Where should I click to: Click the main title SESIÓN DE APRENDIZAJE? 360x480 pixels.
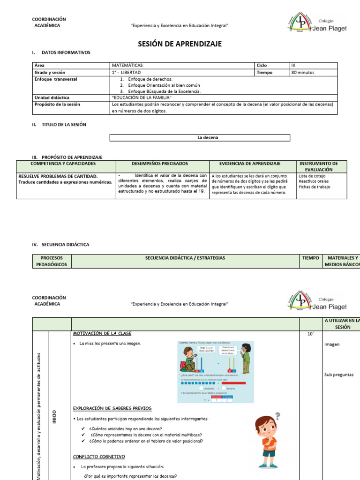180,44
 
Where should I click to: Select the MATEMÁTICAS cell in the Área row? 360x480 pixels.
127,66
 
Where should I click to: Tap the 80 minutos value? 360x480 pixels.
303,73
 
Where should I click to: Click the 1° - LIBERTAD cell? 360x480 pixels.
126,73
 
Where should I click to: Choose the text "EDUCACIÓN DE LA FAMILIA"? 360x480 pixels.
142,97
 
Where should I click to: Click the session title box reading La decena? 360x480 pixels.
200,138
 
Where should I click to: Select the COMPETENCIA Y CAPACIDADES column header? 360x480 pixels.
63,164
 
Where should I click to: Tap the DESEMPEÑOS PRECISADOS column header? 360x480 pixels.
160,164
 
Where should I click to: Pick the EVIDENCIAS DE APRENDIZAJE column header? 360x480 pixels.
250,164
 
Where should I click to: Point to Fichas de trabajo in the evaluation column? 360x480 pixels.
314,187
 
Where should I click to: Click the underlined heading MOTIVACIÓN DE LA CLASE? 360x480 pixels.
102,333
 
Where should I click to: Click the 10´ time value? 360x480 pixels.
310,334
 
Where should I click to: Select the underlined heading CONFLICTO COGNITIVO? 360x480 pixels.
99,457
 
